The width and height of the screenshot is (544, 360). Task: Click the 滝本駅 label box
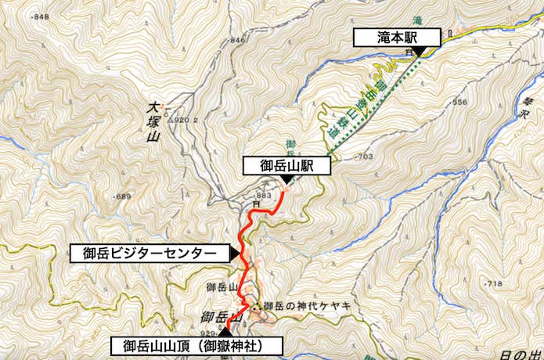(x=398, y=38)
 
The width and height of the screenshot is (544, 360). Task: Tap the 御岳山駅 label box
(x=286, y=166)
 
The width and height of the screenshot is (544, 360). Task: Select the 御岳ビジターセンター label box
(x=148, y=253)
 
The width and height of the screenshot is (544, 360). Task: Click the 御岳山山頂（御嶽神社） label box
(x=192, y=345)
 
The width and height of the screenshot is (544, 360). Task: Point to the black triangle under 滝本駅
(x=420, y=52)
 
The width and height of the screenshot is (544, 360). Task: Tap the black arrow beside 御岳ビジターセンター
(x=234, y=253)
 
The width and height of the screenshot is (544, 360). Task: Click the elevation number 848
(x=41, y=16)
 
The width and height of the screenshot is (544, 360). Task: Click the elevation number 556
(x=459, y=103)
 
